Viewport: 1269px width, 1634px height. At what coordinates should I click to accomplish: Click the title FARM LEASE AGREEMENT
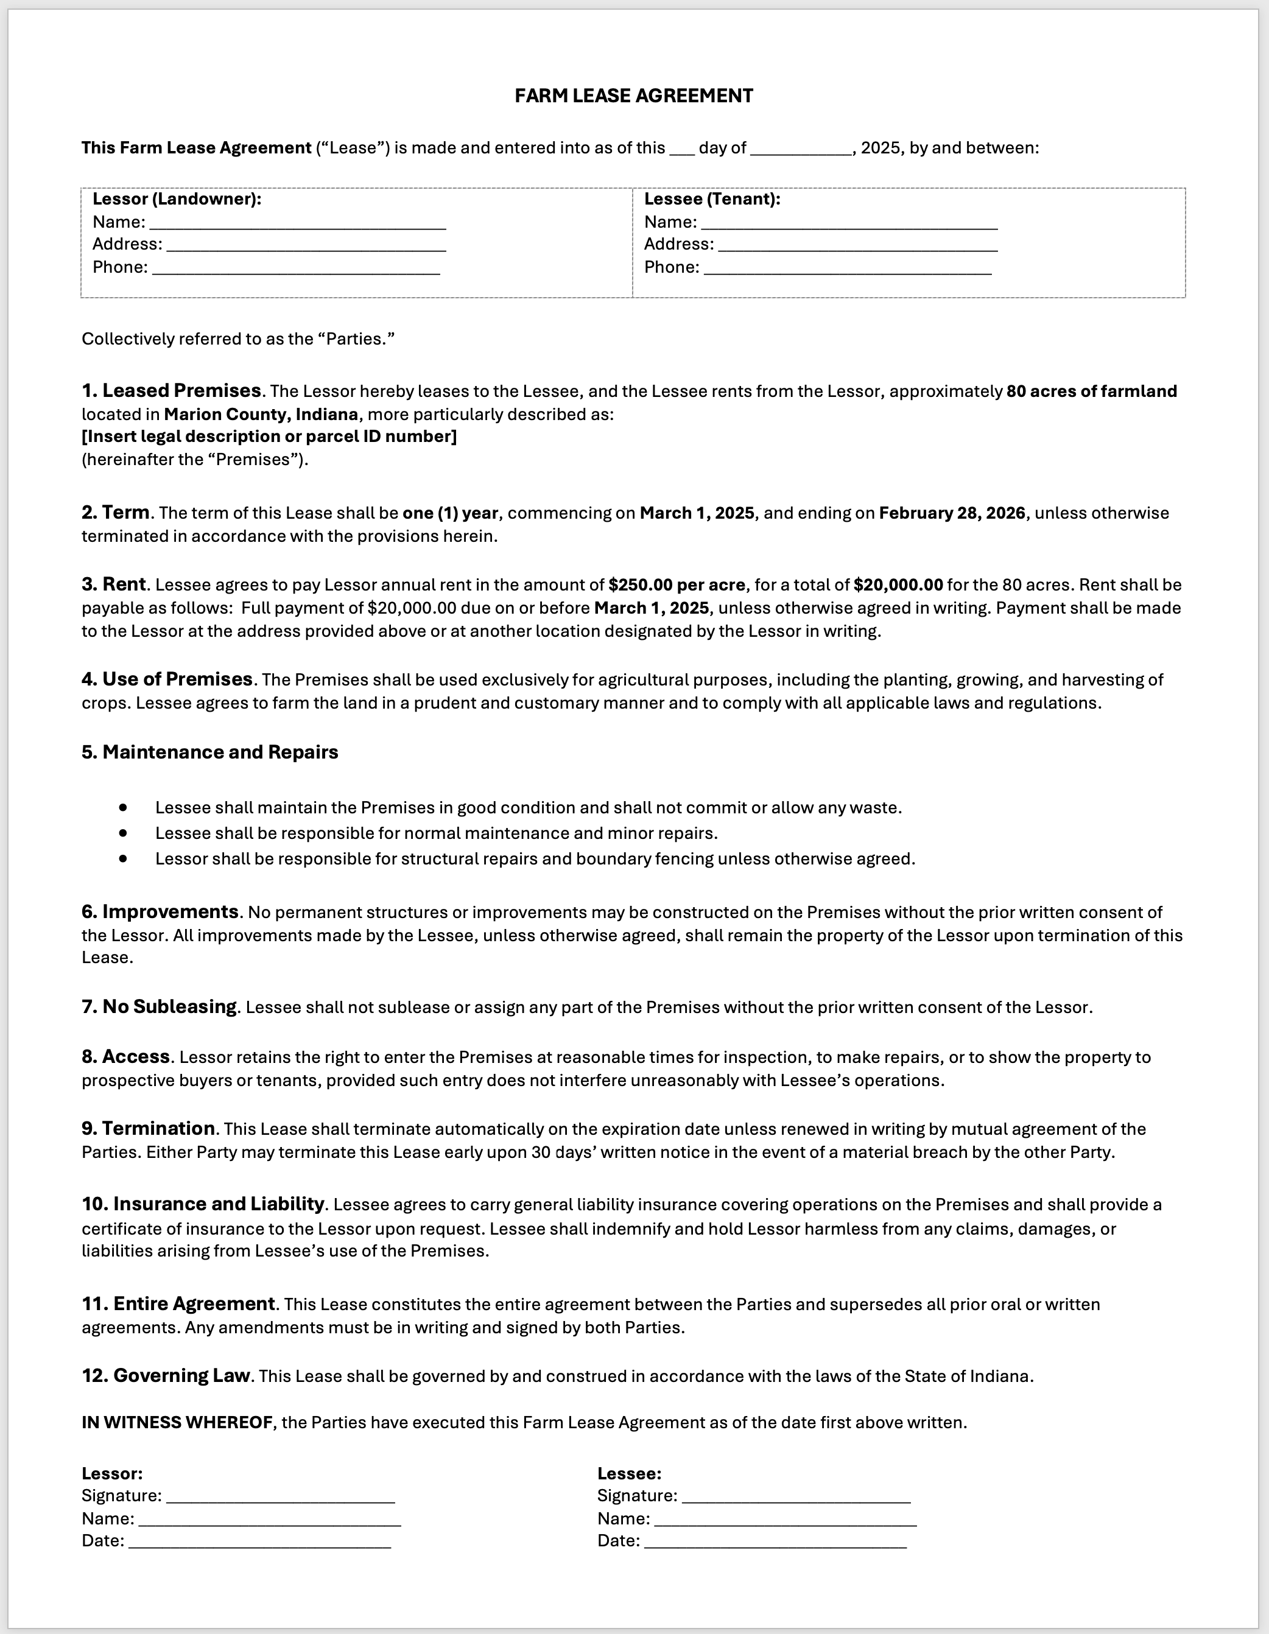click(634, 96)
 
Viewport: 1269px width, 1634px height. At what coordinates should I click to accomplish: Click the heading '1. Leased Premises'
click(171, 391)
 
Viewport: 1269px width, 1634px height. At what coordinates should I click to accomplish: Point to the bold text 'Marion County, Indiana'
click(261, 415)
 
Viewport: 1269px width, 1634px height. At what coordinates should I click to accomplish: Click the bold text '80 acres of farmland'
click(1092, 391)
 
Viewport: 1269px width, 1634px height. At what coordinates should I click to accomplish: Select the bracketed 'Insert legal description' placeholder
click(269, 436)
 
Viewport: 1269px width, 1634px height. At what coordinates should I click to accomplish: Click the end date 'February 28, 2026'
click(952, 513)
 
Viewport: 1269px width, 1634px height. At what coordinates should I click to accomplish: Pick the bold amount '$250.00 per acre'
click(677, 585)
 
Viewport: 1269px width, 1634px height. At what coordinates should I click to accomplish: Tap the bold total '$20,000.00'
click(898, 585)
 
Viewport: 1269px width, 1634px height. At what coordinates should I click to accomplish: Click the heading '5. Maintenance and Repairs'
click(209, 752)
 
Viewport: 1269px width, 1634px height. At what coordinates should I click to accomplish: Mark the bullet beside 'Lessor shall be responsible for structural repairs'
click(123, 858)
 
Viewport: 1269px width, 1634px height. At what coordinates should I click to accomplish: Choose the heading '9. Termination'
click(148, 1128)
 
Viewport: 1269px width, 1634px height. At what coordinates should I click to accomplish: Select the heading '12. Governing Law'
click(166, 1376)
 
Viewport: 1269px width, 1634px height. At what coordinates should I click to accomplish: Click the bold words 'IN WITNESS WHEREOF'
click(177, 1422)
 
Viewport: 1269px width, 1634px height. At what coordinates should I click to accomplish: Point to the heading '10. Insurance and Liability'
click(203, 1204)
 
